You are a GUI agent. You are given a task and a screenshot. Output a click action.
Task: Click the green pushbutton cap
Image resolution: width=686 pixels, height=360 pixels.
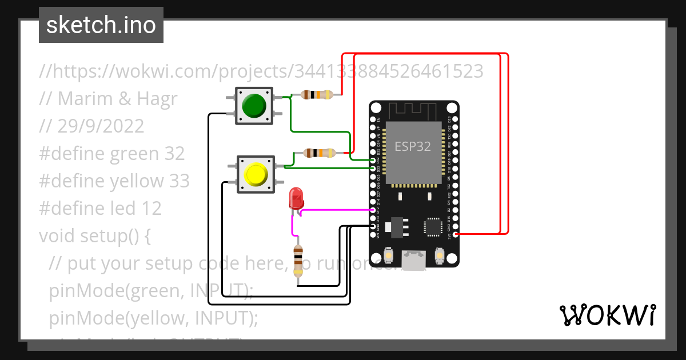click(x=254, y=105)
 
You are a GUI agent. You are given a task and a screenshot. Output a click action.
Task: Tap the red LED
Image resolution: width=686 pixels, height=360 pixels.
click(x=297, y=198)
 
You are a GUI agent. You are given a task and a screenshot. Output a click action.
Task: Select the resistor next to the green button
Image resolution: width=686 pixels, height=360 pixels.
click(x=316, y=95)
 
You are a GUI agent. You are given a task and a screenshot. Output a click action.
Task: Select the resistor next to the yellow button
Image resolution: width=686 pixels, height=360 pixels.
click(x=319, y=153)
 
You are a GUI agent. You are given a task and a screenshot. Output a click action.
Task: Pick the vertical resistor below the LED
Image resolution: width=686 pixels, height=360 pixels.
click(x=298, y=261)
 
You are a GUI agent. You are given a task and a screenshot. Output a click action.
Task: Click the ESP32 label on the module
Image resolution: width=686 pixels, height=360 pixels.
click(x=412, y=146)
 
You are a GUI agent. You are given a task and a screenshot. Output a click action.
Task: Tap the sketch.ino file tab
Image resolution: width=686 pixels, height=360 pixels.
click(x=101, y=25)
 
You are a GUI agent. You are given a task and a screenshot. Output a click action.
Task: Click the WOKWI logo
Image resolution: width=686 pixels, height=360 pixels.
click(x=607, y=315)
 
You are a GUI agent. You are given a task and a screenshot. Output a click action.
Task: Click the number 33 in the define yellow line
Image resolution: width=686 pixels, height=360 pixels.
click(x=179, y=181)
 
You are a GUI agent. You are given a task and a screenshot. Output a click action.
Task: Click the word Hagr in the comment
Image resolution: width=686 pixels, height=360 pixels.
click(x=157, y=99)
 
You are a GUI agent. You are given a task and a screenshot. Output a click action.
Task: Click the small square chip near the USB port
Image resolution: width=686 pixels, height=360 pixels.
click(x=433, y=227)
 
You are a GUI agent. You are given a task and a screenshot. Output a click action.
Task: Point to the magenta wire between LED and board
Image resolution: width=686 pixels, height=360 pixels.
click(x=334, y=210)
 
